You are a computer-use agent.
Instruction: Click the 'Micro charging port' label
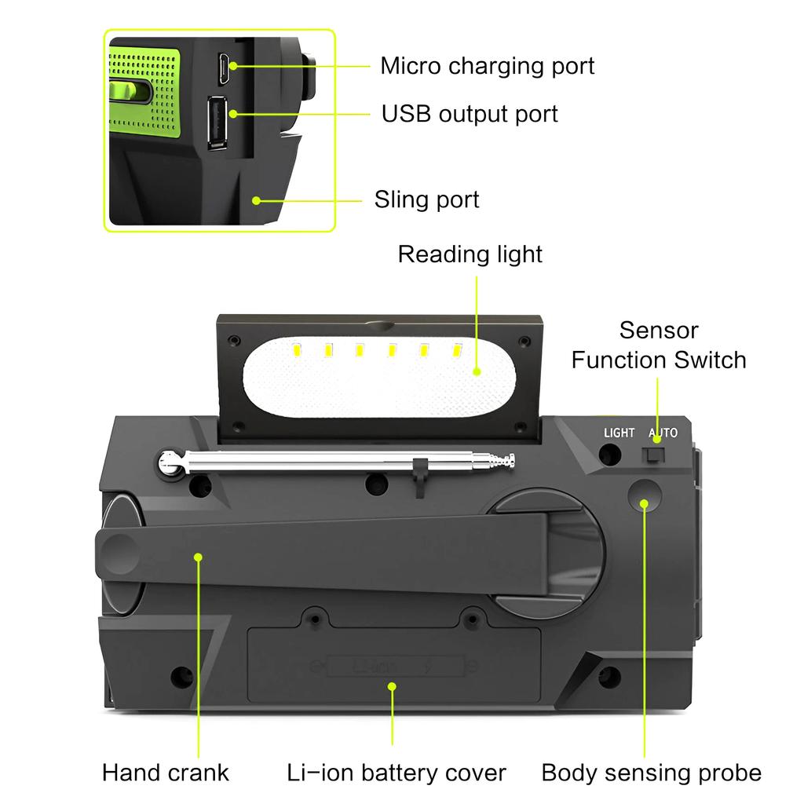pyautogui.click(x=487, y=66)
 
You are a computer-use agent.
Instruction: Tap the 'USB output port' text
pyautogui.click(x=470, y=114)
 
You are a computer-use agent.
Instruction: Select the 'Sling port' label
pyautogui.click(x=426, y=199)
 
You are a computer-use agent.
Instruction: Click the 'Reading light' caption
pyautogui.click(x=470, y=254)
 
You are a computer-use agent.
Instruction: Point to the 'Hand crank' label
pyautogui.click(x=166, y=772)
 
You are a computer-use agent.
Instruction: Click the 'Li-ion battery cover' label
pyautogui.click(x=396, y=772)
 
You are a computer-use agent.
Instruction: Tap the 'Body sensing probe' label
pyautogui.click(x=651, y=772)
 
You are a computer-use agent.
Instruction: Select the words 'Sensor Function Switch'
pyautogui.click(x=658, y=345)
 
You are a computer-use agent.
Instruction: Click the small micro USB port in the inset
pyautogui.click(x=224, y=68)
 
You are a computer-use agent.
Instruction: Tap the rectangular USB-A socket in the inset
pyautogui.click(x=217, y=122)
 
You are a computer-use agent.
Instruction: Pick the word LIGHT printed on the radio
pyautogui.click(x=619, y=433)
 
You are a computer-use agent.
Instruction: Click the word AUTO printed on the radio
pyautogui.click(x=663, y=433)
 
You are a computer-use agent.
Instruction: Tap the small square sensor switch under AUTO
pyautogui.click(x=653, y=455)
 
